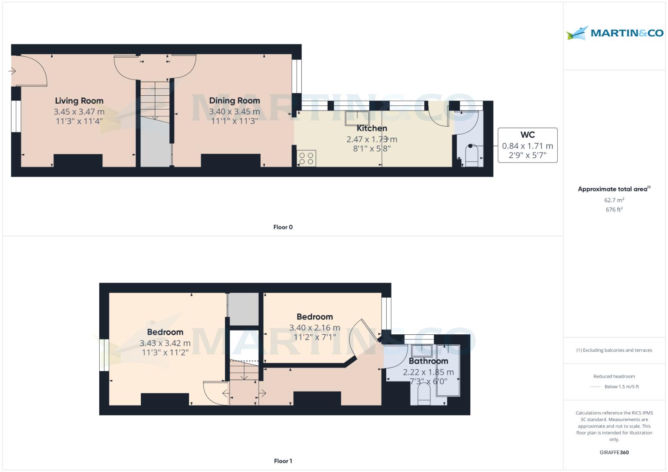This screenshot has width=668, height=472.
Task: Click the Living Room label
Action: point(79,101)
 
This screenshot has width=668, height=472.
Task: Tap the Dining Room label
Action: point(234,101)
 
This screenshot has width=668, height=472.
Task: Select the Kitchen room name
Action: point(372,128)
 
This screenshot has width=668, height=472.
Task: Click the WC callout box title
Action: point(528,135)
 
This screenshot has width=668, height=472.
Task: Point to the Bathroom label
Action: point(428,361)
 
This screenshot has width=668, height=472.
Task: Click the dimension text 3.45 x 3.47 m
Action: point(79,112)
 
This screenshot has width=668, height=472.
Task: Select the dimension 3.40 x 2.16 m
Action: point(315,328)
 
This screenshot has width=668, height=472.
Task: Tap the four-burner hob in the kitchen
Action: point(306,158)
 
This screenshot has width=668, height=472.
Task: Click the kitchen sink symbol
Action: point(357,118)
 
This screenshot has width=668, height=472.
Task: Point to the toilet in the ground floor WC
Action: point(471,155)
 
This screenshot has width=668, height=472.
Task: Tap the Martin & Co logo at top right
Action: point(614,33)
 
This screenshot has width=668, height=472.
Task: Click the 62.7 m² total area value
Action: point(614,200)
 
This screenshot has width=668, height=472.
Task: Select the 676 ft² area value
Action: point(614,210)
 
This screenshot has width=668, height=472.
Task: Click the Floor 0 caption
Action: point(283,227)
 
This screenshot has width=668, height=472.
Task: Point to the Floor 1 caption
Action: point(283,461)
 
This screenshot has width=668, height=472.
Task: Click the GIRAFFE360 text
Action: point(614,452)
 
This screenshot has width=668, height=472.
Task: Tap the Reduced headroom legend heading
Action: point(614,376)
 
